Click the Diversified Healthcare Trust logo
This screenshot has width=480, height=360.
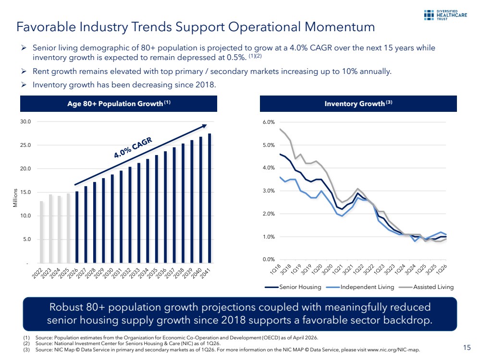point(445,15)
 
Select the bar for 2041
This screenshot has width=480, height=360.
point(209,198)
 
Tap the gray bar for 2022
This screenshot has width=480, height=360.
point(41,232)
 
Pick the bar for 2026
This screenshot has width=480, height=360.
point(77,227)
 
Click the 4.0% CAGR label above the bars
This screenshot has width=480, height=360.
point(133,148)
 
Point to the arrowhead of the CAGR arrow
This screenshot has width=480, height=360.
point(205,126)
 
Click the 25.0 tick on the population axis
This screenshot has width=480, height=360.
point(26,145)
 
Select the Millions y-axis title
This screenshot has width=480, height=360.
point(15,198)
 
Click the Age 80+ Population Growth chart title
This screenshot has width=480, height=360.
point(119,103)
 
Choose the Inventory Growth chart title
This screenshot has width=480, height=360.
point(358,103)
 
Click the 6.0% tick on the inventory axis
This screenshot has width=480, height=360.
point(269,122)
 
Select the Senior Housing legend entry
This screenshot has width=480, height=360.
point(293,287)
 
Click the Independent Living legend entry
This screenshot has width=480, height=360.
point(360,287)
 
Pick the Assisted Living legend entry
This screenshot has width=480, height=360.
point(427,287)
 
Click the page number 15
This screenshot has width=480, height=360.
point(467,348)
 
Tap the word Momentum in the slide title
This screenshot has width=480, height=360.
point(340,27)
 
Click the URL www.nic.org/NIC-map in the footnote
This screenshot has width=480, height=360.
point(393,349)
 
